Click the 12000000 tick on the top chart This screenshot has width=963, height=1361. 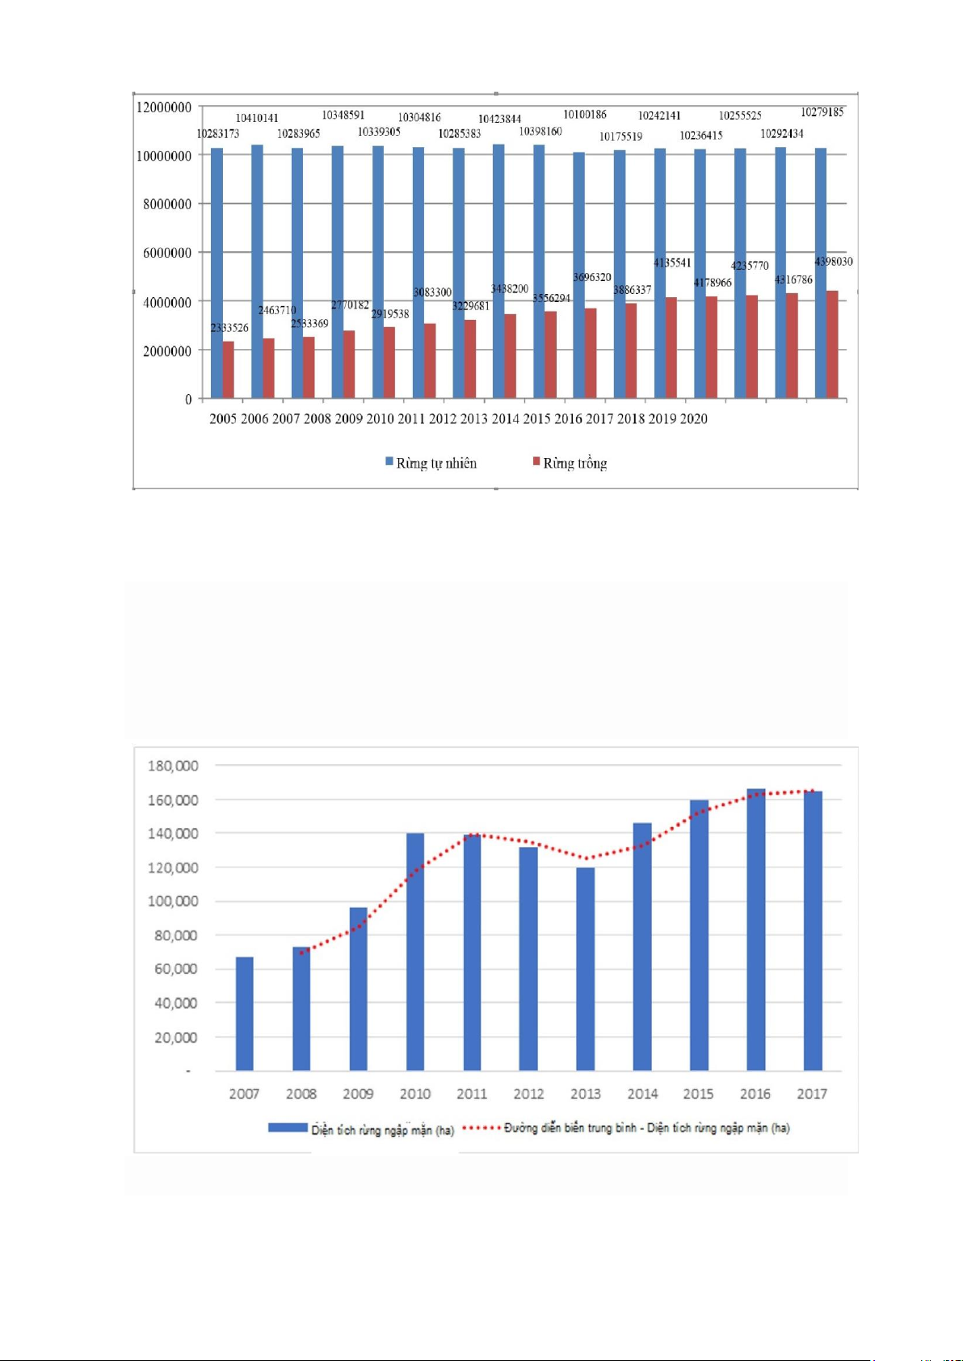pos(164,107)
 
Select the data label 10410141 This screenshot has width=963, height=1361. pos(257,118)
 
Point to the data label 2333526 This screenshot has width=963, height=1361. pos(229,328)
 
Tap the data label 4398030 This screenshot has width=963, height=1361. pos(833,262)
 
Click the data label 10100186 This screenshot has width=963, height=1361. pos(585,115)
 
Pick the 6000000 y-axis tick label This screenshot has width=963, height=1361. pos(167,253)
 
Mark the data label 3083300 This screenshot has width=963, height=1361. pos(432,292)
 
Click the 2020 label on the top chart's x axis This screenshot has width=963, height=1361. pos(693,418)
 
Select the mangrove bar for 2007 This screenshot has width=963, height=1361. pos(244,1014)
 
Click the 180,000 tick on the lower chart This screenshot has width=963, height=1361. pos(172,766)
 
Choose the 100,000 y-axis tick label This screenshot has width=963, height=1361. pos(172,901)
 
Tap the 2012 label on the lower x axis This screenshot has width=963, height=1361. pos(528,1094)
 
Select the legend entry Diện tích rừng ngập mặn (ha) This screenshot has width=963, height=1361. pos(381,1129)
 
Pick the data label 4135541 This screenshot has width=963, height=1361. pos(672,263)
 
